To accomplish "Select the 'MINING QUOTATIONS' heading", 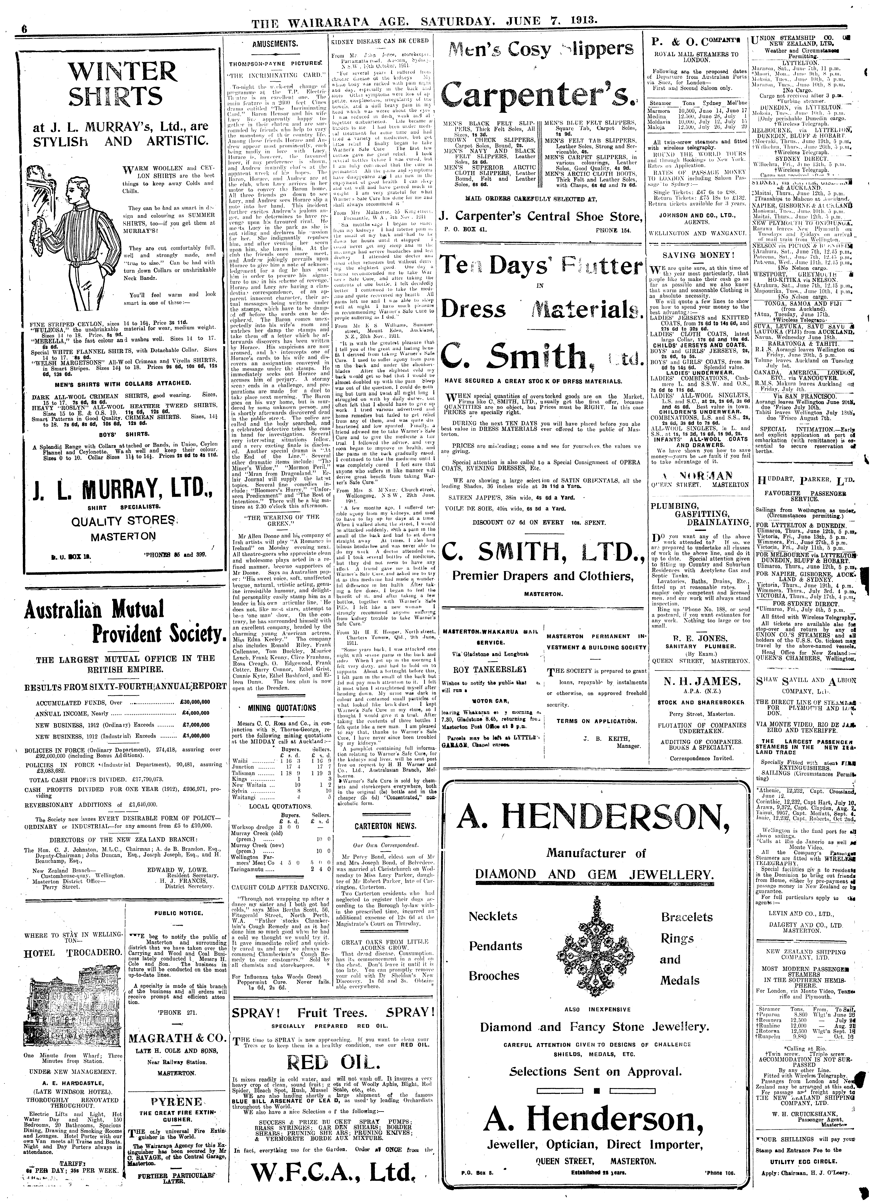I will click(x=281, y=708).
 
